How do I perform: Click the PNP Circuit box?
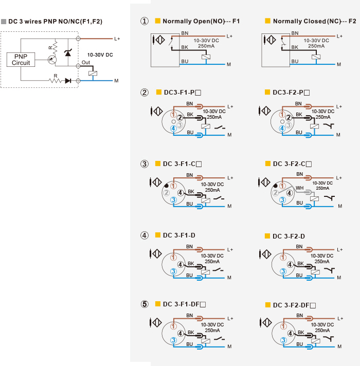(x=21, y=60)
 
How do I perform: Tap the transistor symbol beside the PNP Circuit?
(x=52, y=60)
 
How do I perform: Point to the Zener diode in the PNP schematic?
(x=68, y=53)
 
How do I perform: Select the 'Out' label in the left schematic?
(x=86, y=63)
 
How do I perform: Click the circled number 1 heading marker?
(x=145, y=21)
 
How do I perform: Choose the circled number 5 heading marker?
(x=145, y=304)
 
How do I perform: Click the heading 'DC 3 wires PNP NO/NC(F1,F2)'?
(x=56, y=22)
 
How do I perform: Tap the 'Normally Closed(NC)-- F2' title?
(x=314, y=21)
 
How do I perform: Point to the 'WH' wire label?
(x=299, y=188)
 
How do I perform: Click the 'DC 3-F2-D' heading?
(x=289, y=236)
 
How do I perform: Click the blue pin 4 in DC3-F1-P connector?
(x=173, y=129)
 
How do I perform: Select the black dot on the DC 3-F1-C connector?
(x=167, y=186)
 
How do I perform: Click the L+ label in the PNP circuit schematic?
(x=117, y=39)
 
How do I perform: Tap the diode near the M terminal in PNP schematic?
(x=68, y=81)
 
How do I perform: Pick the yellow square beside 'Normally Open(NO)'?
(x=158, y=21)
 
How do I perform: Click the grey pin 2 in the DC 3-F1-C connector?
(x=166, y=193)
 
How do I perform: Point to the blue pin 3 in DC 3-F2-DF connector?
(x=283, y=340)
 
